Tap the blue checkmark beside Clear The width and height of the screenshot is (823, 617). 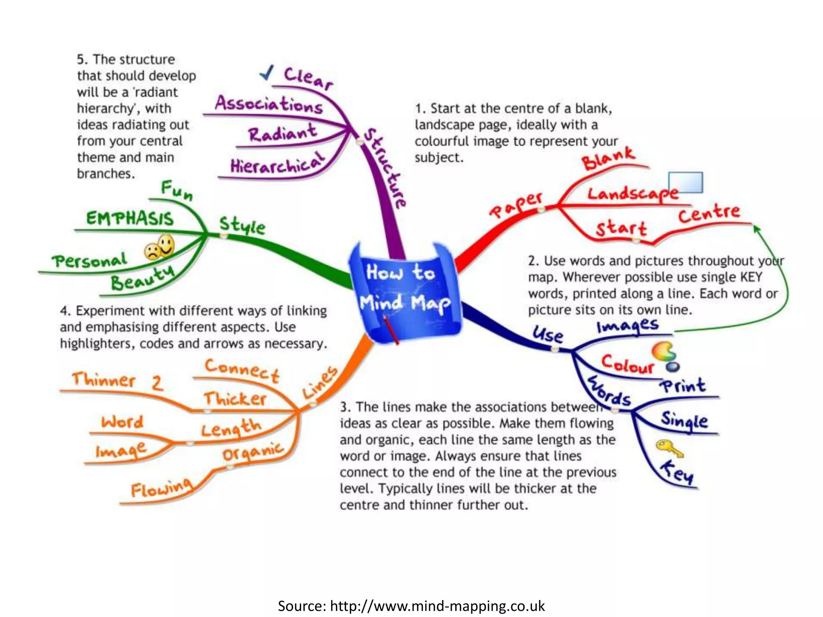click(x=266, y=73)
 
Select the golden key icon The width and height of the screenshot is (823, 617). click(x=669, y=447)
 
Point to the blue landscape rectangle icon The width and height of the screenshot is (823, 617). click(x=686, y=183)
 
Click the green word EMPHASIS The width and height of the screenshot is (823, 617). click(x=130, y=219)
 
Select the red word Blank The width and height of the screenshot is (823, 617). click(x=608, y=158)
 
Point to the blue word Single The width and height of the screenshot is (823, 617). click(x=684, y=421)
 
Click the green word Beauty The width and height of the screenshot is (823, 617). click(x=142, y=277)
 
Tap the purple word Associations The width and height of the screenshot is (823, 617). click(x=269, y=104)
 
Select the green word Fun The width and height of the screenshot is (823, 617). click(x=177, y=190)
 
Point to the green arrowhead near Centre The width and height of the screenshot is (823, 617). click(x=757, y=229)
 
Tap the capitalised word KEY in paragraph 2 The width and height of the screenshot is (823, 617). click(x=751, y=277)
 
